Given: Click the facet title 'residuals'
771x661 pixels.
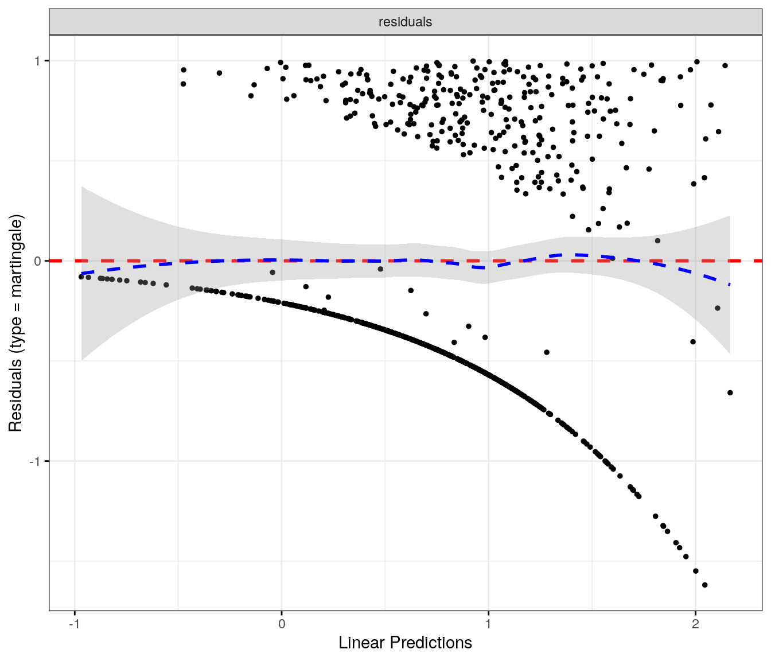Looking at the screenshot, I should pyautogui.click(x=405, y=22).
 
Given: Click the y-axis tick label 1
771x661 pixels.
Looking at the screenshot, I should pyautogui.click(x=38, y=60).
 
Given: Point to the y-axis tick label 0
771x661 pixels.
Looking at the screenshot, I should pyautogui.click(x=38, y=261).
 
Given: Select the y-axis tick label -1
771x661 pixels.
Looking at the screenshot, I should pyautogui.click(x=36, y=461).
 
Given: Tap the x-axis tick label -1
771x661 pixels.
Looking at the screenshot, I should pyautogui.click(x=73, y=624).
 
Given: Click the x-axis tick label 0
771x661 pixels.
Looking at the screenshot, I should pyautogui.click(x=282, y=624).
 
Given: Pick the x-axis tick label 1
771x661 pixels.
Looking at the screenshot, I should pyautogui.click(x=488, y=624).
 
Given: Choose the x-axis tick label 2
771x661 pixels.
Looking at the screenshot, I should pyautogui.click(x=695, y=624).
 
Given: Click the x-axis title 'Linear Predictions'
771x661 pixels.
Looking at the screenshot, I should pyautogui.click(x=405, y=643).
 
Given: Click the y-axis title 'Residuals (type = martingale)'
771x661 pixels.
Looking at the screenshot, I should pyautogui.click(x=15, y=324).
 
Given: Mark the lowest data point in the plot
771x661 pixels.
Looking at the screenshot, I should pyautogui.click(x=705, y=585).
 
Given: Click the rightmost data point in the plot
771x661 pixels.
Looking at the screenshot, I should pyautogui.click(x=730, y=393).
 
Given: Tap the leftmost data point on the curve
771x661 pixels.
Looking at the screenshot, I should pyautogui.click(x=81, y=277).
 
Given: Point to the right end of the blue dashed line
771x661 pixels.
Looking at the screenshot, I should pyautogui.click(x=730, y=285).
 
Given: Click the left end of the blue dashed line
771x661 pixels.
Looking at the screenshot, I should pyautogui.click(x=82, y=273).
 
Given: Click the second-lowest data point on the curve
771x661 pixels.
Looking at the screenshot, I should pyautogui.click(x=696, y=571).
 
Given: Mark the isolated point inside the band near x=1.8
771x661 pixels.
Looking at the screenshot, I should pyautogui.click(x=657, y=241).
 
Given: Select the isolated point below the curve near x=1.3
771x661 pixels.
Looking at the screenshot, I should pyautogui.click(x=547, y=352).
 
